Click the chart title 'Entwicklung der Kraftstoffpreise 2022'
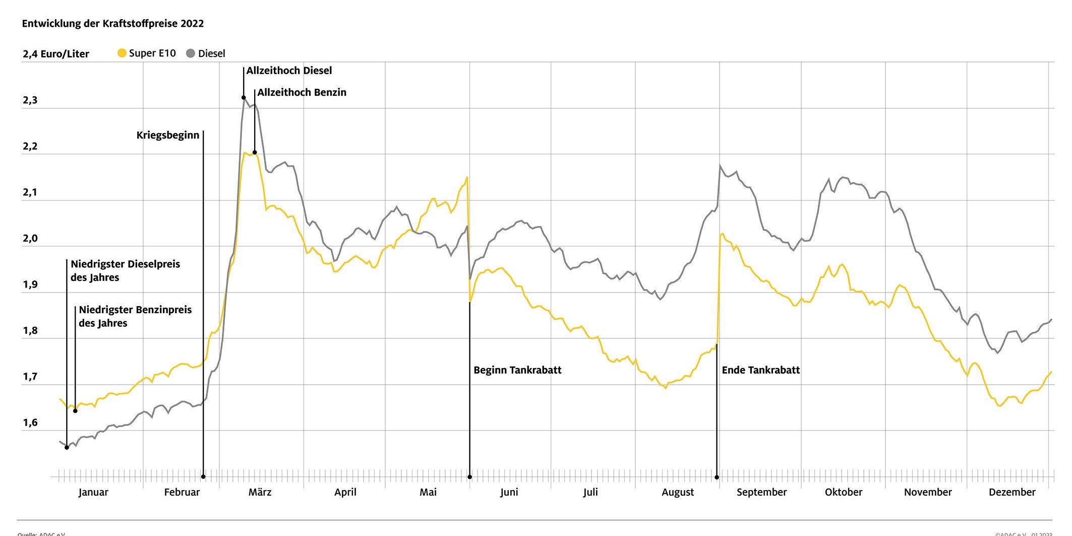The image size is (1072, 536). [112, 24]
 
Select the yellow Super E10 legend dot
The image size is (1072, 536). [122, 53]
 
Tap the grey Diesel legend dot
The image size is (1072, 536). [191, 53]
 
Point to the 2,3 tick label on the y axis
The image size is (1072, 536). [30, 100]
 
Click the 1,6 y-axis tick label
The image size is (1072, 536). [30, 423]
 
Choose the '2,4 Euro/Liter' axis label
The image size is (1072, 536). [55, 54]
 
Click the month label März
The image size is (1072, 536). [260, 492]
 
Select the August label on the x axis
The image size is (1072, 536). [678, 492]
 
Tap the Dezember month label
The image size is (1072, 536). [1011, 492]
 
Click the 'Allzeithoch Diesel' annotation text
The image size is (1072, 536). [289, 71]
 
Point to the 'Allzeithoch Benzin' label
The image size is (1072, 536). [302, 92]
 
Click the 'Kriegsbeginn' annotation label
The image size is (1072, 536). [168, 135]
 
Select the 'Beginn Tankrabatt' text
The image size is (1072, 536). [517, 370]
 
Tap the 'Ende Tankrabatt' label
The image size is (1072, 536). [760, 370]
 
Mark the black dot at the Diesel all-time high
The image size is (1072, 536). [244, 98]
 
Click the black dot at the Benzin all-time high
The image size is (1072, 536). [255, 152]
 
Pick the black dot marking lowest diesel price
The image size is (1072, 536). [67, 447]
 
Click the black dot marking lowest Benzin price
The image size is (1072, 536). [75, 411]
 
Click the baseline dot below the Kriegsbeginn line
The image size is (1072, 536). [203, 477]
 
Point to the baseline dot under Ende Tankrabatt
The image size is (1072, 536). [717, 477]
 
